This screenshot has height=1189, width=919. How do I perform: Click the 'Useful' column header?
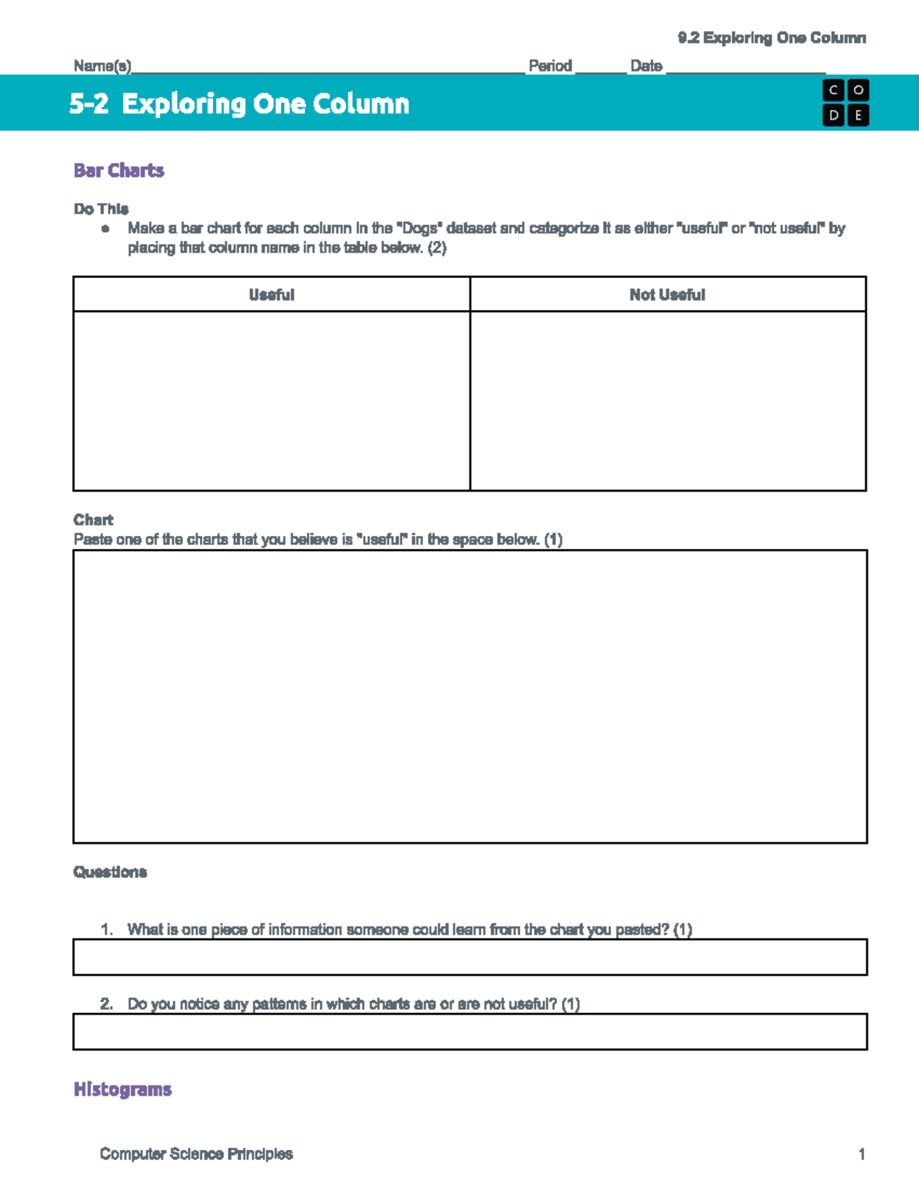pos(271,295)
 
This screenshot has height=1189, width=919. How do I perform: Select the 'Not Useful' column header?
pos(667,295)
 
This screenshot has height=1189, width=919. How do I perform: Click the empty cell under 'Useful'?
pos(271,400)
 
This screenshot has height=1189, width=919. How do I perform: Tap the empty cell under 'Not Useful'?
pos(668,400)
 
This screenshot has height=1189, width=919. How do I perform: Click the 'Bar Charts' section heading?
pos(119,171)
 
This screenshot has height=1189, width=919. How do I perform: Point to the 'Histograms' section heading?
pos(123,1089)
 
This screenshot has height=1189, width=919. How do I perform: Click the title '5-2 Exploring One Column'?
pos(239,103)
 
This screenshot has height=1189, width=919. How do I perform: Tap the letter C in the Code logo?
pos(833,90)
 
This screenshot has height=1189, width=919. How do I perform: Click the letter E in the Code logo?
pos(858,116)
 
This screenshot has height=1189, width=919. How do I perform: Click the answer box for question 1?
pos(469,957)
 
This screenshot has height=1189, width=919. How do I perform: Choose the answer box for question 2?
pos(469,1031)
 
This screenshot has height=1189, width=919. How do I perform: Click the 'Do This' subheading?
pos(101,209)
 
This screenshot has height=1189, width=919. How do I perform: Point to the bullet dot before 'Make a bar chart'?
pos(106,229)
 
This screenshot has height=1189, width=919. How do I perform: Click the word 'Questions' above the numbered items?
pos(110,872)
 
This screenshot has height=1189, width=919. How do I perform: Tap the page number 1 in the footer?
pos(862,1154)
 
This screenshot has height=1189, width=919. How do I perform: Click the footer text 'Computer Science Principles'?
pos(196,1154)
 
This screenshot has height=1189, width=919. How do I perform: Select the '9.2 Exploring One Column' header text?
pos(771,38)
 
